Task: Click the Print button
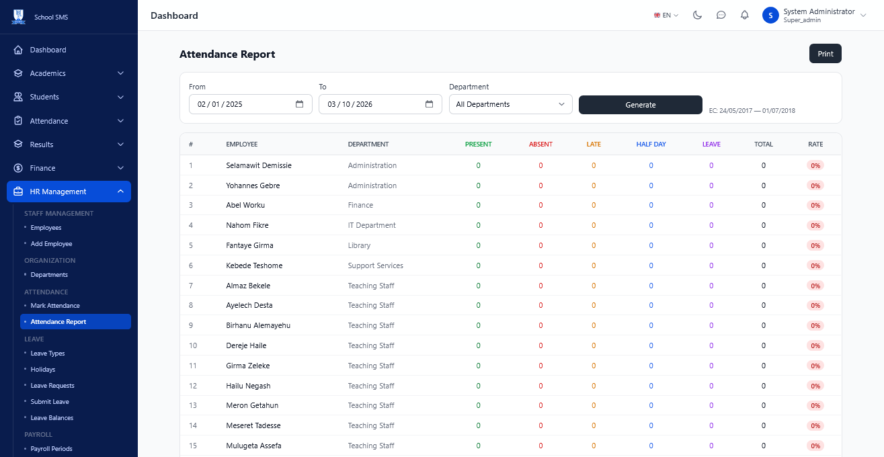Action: click(826, 54)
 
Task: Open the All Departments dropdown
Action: click(510, 104)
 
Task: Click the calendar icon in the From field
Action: click(300, 104)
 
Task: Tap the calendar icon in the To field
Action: click(429, 104)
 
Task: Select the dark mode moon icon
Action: click(697, 15)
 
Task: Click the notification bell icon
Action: click(744, 15)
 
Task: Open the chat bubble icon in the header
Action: click(721, 15)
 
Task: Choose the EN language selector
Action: click(666, 15)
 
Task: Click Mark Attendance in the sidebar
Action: click(55, 306)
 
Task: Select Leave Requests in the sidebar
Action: click(52, 386)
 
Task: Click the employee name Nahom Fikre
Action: click(247, 225)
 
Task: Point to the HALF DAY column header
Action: click(651, 144)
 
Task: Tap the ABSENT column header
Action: click(540, 144)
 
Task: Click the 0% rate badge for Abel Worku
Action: click(815, 205)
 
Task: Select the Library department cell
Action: click(359, 245)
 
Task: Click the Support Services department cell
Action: click(375, 265)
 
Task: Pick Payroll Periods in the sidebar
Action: click(51, 449)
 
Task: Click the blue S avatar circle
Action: click(770, 15)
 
